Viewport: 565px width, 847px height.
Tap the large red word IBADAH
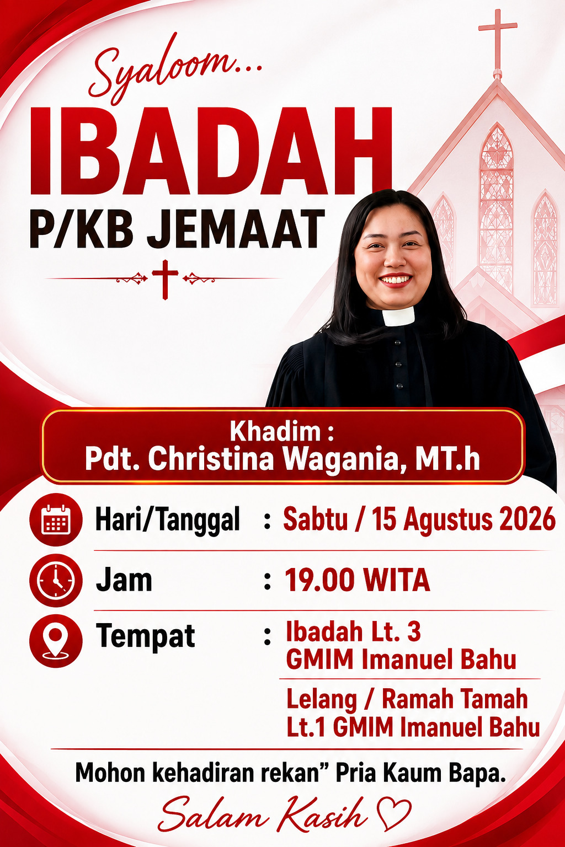(x=211, y=151)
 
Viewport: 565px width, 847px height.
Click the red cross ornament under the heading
(x=164, y=279)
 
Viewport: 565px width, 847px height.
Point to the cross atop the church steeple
(x=497, y=41)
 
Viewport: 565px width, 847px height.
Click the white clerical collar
(x=398, y=316)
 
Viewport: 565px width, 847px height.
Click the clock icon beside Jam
(x=56, y=581)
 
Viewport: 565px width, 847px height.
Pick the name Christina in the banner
(x=210, y=459)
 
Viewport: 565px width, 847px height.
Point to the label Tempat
(x=145, y=637)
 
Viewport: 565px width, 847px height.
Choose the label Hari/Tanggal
(x=168, y=521)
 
